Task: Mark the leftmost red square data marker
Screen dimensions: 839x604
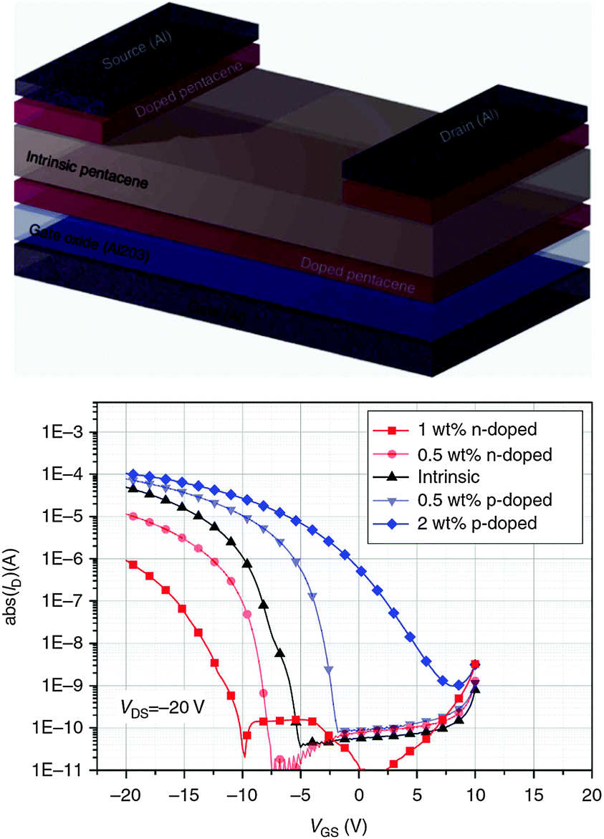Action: (133, 564)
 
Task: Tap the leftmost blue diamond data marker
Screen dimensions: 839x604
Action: (133, 474)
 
